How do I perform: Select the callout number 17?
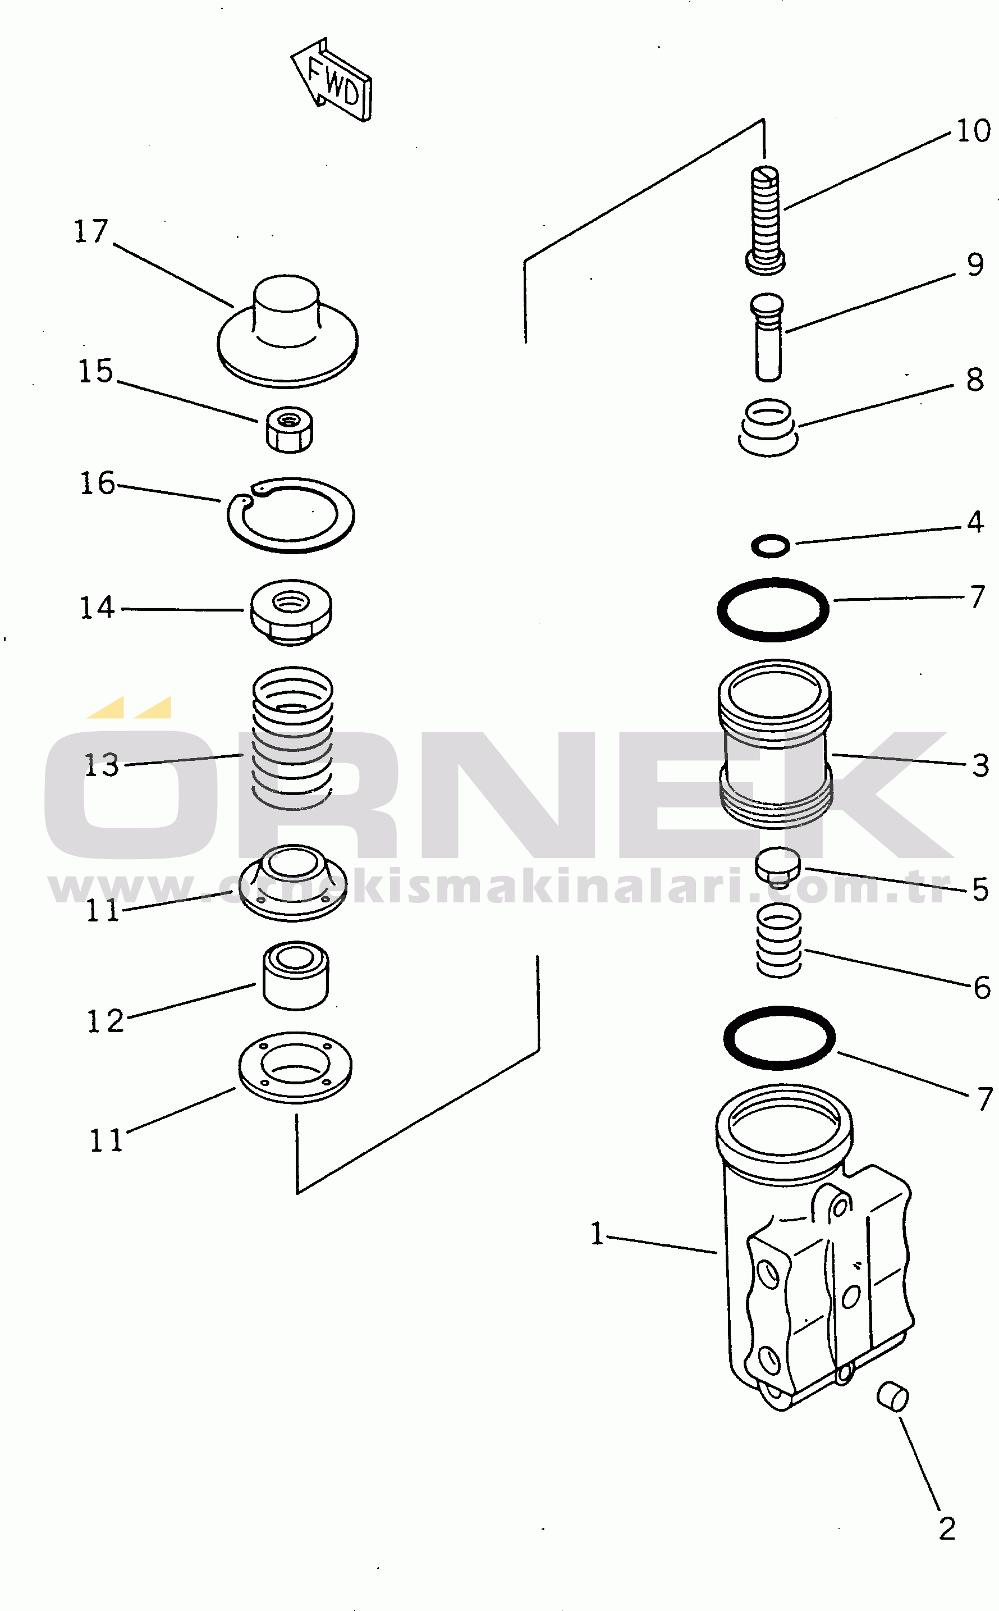[x=90, y=231]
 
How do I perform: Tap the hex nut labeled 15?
[x=290, y=430]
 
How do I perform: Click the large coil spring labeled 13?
[x=293, y=737]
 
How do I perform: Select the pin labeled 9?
[x=767, y=337]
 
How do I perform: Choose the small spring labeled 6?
[x=779, y=941]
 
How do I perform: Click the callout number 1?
[x=597, y=1234]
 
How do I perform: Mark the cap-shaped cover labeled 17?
[x=287, y=331]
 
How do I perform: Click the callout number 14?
[x=97, y=608]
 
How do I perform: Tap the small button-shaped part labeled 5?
[x=778, y=866]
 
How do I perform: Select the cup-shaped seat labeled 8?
[x=768, y=427]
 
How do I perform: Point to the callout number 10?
[x=973, y=131]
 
